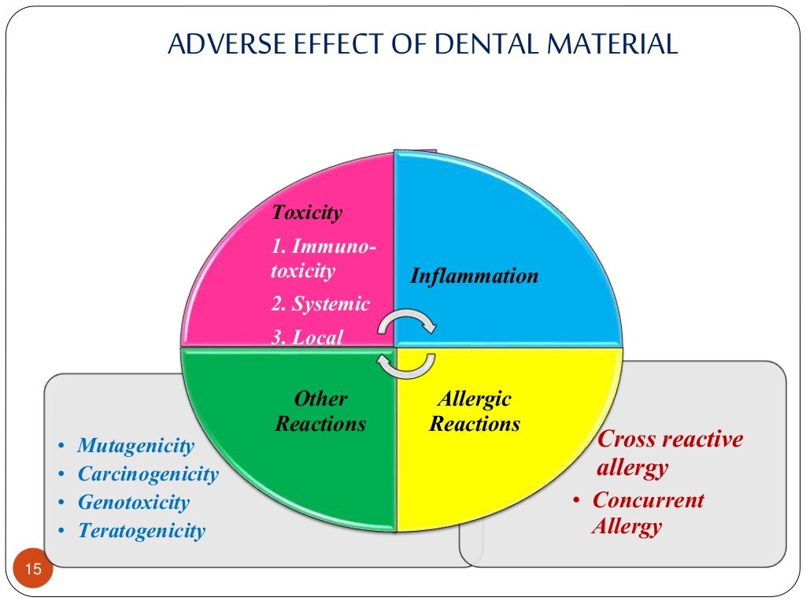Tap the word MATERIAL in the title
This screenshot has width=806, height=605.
[616, 44]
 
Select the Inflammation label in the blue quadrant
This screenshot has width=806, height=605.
[474, 277]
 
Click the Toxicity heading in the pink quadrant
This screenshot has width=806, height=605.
[307, 213]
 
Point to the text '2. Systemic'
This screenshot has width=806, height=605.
[320, 304]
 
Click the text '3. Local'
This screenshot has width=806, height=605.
[307, 337]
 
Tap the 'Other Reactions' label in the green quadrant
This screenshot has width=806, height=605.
[320, 411]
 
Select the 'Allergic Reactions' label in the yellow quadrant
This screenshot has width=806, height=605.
[475, 411]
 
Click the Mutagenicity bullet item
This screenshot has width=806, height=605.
[135, 446]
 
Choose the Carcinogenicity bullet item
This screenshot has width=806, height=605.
[148, 474]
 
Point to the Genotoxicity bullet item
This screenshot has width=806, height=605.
[134, 503]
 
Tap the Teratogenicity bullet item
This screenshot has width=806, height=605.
[141, 531]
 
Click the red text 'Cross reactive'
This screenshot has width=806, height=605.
[670, 440]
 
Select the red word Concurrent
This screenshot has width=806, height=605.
[648, 500]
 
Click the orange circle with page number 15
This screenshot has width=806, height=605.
[33, 569]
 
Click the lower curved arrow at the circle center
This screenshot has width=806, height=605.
[406, 364]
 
